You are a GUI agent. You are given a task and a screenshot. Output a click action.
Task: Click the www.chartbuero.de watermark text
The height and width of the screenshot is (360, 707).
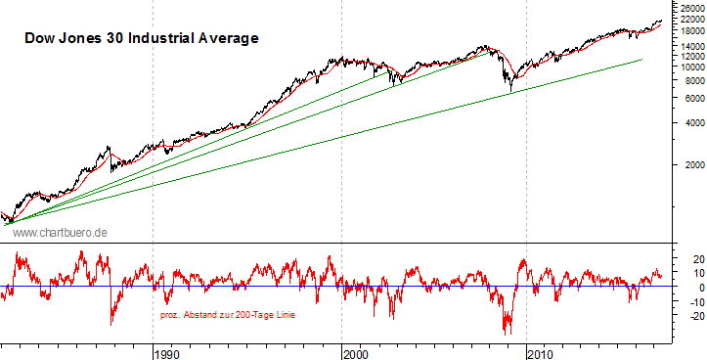pos(60,232)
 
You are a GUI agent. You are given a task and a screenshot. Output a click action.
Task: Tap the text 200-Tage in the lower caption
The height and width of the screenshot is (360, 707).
pos(254,315)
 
